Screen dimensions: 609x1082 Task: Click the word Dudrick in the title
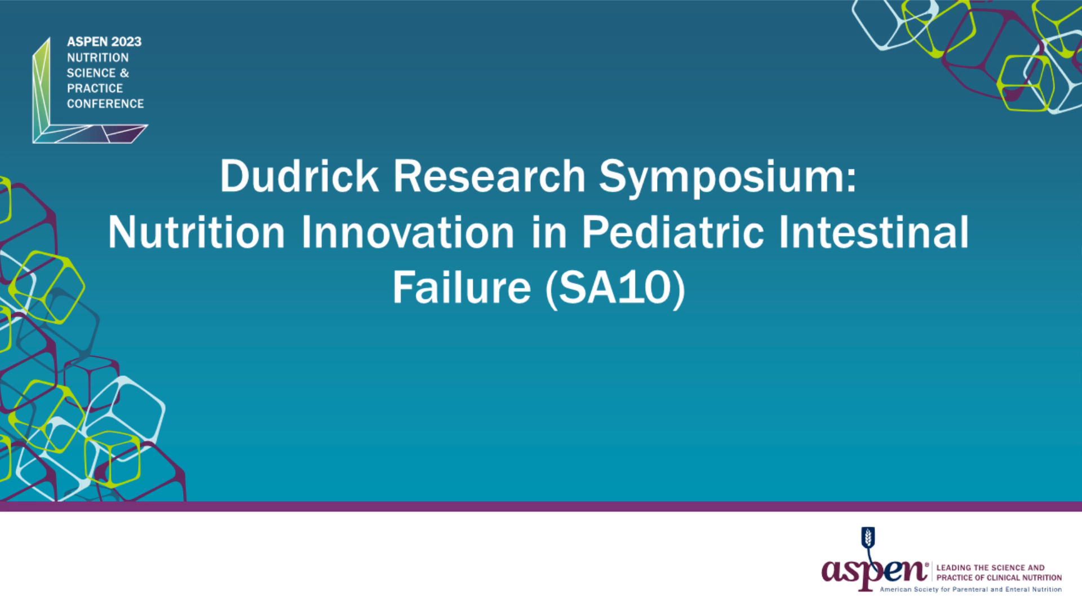coord(299,176)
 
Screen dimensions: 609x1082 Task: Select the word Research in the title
coord(489,176)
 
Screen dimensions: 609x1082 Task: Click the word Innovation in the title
coord(407,232)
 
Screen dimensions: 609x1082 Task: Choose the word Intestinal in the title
coord(873,232)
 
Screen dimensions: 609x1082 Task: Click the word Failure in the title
coord(462,288)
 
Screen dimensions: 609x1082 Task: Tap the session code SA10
coord(615,288)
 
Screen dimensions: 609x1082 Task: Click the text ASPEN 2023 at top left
coord(104,42)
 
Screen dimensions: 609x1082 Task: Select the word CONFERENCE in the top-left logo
coord(105,104)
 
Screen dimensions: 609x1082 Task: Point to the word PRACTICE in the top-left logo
coord(95,89)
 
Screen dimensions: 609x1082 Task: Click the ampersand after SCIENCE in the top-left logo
coord(125,73)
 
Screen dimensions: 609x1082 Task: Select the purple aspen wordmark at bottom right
coord(873,571)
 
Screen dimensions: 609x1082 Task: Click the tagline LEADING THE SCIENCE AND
coord(990,568)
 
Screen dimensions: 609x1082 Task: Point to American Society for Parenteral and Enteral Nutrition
coord(970,589)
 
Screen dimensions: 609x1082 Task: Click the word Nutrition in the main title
coord(197,232)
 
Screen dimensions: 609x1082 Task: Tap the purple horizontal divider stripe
coord(541,506)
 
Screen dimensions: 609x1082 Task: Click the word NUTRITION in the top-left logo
coord(97,58)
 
